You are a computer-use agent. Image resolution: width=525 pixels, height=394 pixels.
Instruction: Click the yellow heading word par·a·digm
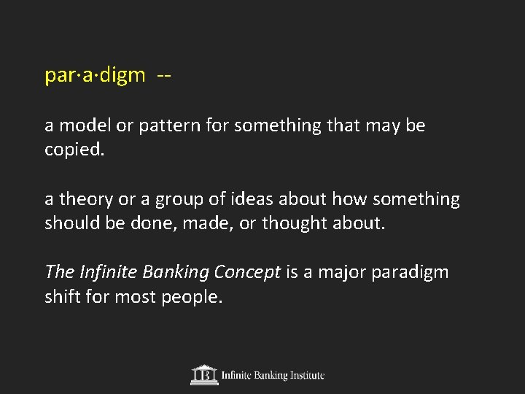click(95, 76)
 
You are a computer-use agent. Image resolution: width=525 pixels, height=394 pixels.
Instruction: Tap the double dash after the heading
click(164, 76)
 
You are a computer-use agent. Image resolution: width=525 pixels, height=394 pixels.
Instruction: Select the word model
click(82, 125)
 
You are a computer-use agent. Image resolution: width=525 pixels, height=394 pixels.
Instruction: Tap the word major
click(340, 273)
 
